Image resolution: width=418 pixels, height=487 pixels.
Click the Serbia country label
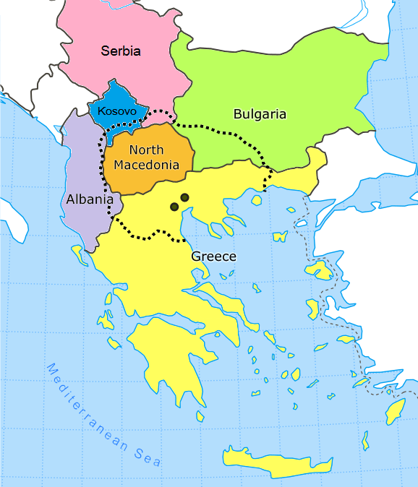pyautogui.click(x=121, y=51)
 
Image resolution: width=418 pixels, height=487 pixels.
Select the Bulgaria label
pyautogui.click(x=260, y=114)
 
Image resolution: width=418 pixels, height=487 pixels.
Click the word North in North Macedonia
pyautogui.click(x=147, y=150)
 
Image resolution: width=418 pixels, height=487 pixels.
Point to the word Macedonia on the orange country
pyautogui.click(x=147, y=165)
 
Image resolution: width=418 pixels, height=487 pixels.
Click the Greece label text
pyautogui.click(x=213, y=257)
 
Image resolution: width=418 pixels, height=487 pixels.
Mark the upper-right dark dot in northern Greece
pyautogui.click(x=185, y=197)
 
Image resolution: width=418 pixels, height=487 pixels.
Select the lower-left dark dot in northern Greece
pyautogui.click(x=174, y=207)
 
